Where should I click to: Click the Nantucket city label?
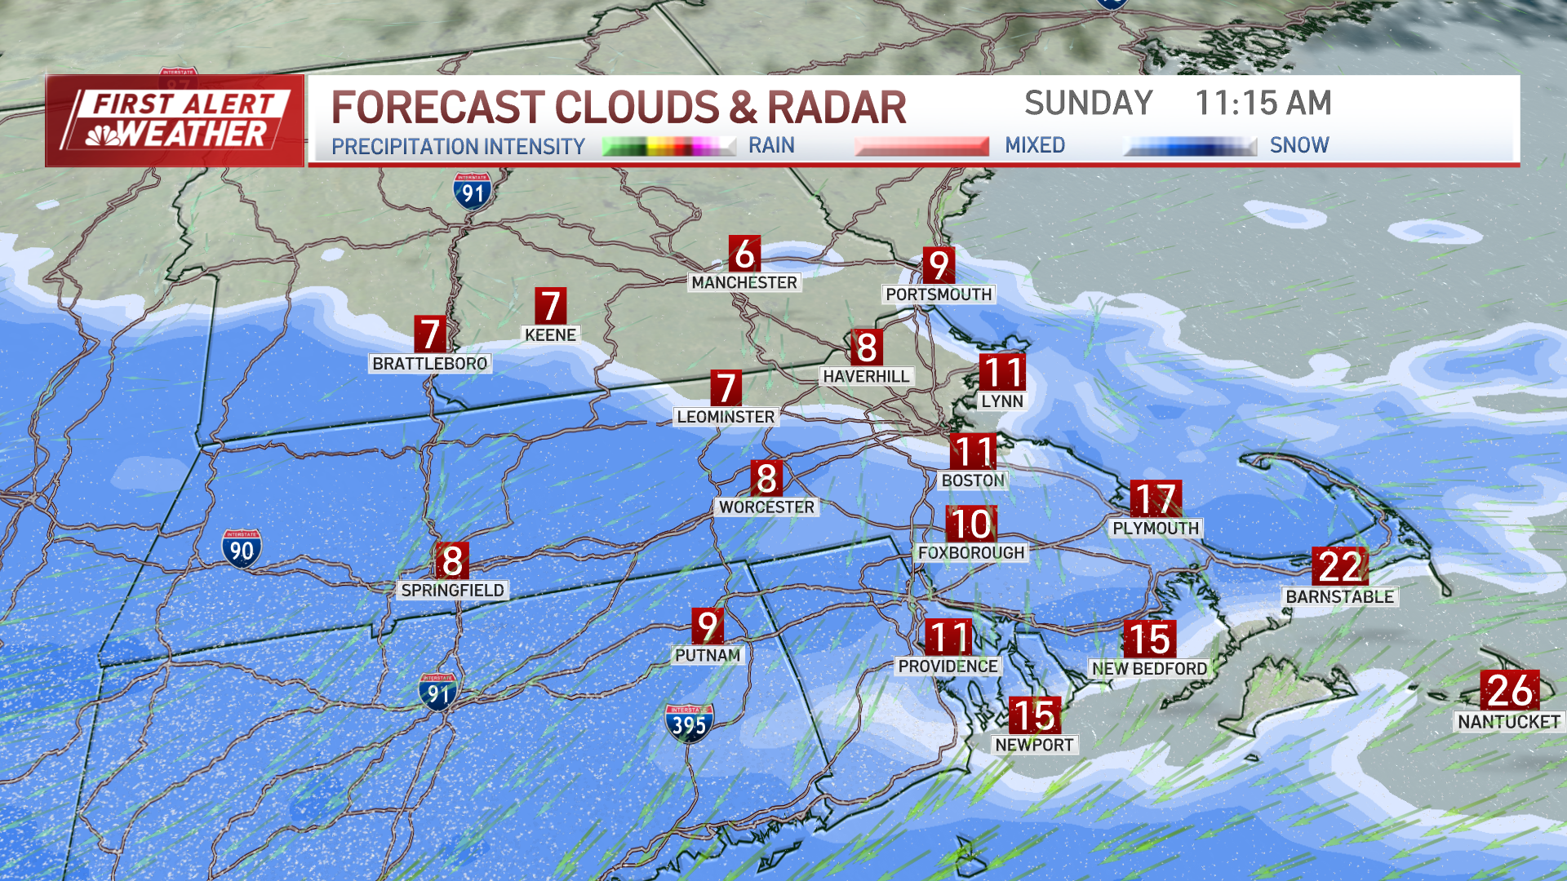coord(1508,722)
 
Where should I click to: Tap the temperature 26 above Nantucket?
coord(1510,690)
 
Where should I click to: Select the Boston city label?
coord(973,480)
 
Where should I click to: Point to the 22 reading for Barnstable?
coord(1340,566)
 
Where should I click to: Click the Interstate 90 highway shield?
coord(242,549)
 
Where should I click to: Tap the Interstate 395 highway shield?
coord(690,724)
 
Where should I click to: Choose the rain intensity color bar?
coord(669,147)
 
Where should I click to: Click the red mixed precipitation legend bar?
coord(921,147)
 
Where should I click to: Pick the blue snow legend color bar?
coord(1190,147)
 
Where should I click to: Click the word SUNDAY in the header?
coord(1088,104)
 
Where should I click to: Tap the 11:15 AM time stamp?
coord(1263,104)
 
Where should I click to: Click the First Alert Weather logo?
coord(175,121)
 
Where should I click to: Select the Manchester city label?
coord(744,282)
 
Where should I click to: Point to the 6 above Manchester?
coord(744,255)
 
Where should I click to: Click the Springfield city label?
coord(453,590)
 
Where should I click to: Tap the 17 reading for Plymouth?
coord(1156,499)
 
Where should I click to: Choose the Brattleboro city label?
coord(430,363)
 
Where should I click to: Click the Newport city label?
coord(1034,745)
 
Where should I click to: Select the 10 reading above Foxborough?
coord(970,525)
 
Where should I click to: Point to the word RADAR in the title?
coord(837,108)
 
